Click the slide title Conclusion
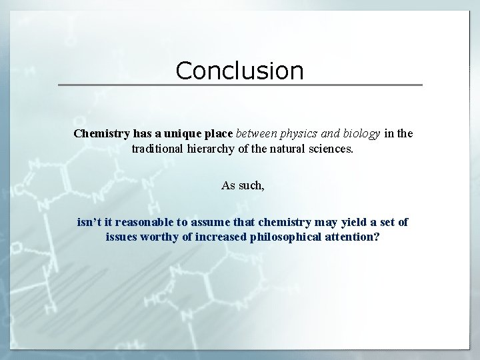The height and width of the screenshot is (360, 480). pyautogui.click(x=239, y=71)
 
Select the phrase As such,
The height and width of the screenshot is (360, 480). pyautogui.click(x=243, y=185)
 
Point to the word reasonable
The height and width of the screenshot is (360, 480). pyautogui.click(x=142, y=222)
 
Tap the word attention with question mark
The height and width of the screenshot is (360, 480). pyautogui.click(x=354, y=237)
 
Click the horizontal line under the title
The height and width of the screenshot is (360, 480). pyautogui.click(x=240, y=85)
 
